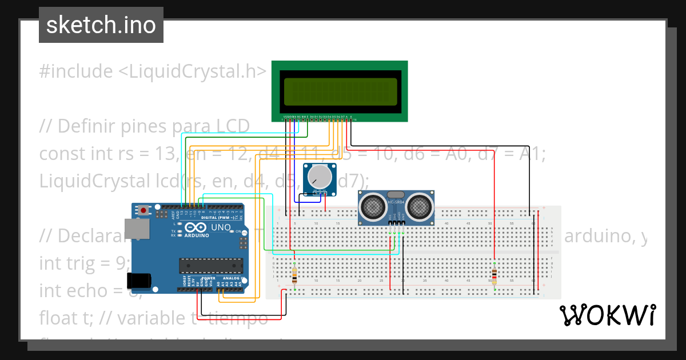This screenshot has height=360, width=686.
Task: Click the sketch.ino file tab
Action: (101, 25)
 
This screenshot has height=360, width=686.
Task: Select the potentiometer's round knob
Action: (319, 177)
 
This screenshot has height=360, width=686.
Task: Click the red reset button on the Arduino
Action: (143, 210)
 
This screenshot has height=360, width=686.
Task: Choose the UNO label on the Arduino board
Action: (221, 227)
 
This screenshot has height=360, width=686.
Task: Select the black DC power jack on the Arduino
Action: (139, 280)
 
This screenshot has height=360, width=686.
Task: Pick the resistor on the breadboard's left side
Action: (294, 275)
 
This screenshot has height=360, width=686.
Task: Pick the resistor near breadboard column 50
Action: (494, 275)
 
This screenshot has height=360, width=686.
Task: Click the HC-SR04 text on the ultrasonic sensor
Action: (396, 202)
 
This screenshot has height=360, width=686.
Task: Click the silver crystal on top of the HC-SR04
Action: (396, 195)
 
